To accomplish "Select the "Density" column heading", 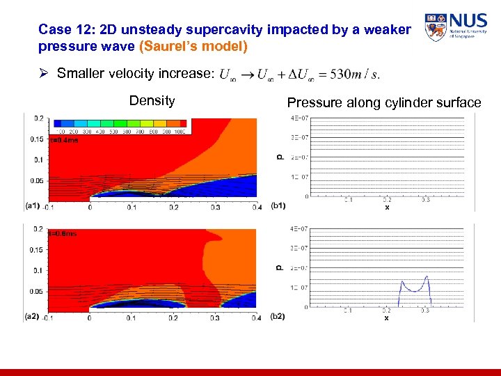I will [x=152, y=101].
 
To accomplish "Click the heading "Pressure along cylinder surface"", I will [x=384, y=103].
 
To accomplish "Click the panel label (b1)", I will [x=278, y=206].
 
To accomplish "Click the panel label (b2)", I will [x=278, y=316].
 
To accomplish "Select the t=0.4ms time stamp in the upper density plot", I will [x=64, y=140].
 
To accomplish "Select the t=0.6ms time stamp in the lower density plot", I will [x=63, y=234].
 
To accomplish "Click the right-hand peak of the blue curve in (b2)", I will [x=427, y=277].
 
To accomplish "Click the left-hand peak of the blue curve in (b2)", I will [x=401, y=282].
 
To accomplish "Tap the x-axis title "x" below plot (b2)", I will [x=387, y=318].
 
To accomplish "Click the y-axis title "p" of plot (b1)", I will [x=280, y=157].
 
